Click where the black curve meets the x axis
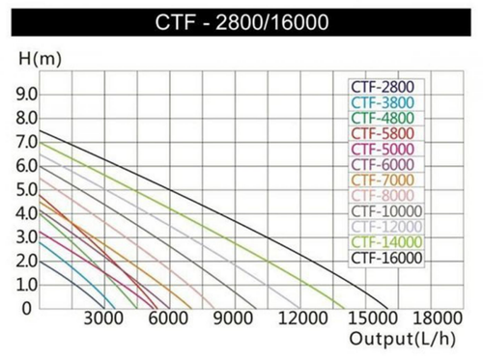(x=391, y=308)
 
